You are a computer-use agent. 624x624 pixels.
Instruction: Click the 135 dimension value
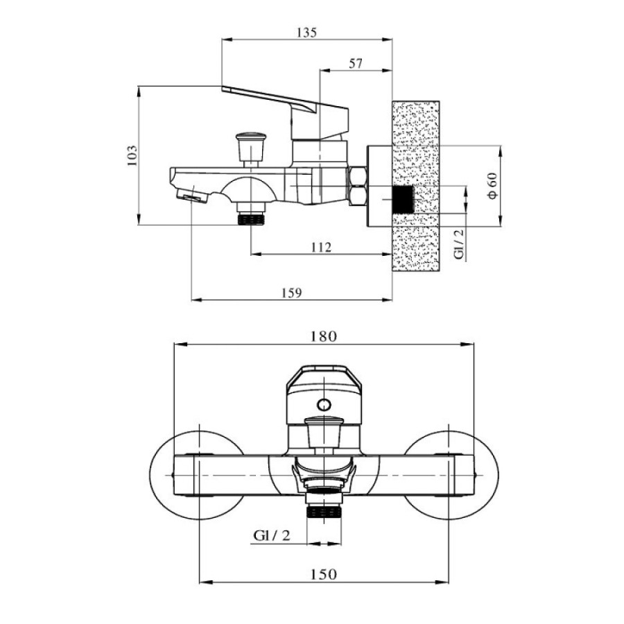(x=307, y=32)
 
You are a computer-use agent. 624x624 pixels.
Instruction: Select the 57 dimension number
(x=356, y=63)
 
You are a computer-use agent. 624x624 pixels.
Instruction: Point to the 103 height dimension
(x=132, y=155)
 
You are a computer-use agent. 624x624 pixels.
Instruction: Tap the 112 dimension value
(x=321, y=248)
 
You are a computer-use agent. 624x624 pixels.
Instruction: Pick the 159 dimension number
(x=292, y=293)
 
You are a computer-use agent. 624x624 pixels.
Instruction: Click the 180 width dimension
(x=323, y=337)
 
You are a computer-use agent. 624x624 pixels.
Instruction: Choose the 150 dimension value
(x=323, y=574)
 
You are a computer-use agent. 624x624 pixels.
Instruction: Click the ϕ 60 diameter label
(x=492, y=186)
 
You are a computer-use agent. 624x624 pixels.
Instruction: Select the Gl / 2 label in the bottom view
(x=272, y=535)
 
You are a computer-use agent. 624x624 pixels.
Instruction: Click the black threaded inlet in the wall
(x=403, y=200)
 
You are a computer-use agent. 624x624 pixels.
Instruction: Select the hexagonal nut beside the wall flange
(x=358, y=187)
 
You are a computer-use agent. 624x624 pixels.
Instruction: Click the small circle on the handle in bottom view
(x=324, y=405)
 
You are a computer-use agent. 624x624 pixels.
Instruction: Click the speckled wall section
(x=416, y=186)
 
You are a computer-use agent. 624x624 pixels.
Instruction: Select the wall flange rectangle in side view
(x=380, y=187)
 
